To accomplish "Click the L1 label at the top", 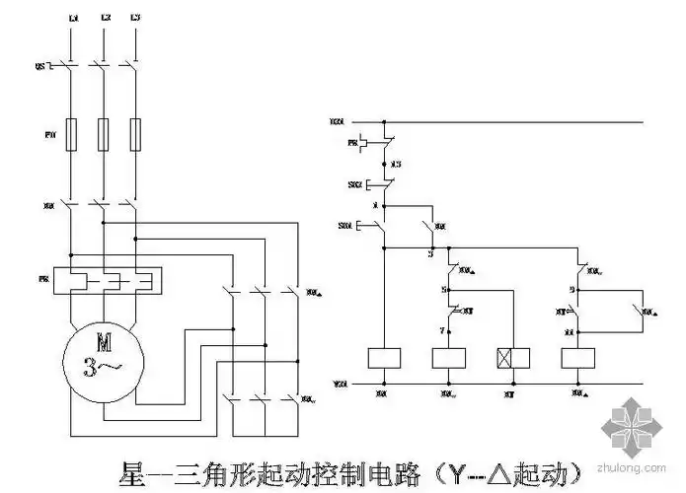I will [73, 19].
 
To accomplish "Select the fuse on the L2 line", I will [104, 134].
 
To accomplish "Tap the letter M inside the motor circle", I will [103, 341].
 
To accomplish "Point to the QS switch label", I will [41, 66].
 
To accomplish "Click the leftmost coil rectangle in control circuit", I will [382, 358].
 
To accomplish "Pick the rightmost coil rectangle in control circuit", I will [577, 358].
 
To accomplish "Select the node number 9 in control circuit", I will [572, 290].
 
